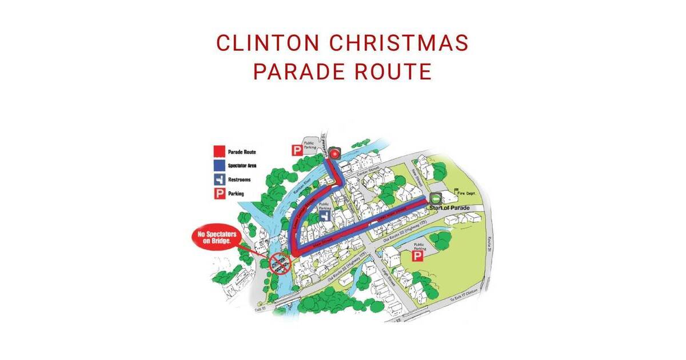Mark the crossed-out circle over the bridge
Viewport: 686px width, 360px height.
pos(280,263)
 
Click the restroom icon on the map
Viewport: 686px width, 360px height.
pos(324,220)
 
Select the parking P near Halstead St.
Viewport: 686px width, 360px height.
pos(297,151)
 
